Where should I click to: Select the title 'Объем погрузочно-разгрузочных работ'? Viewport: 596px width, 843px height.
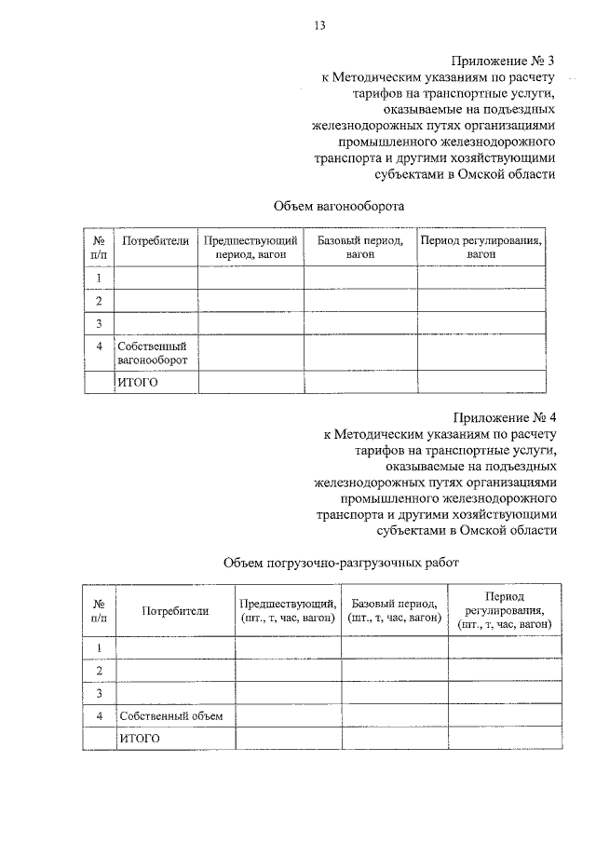click(x=341, y=563)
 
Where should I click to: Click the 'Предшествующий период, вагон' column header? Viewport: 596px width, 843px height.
click(x=251, y=247)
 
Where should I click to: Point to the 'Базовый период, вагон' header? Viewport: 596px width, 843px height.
click(x=359, y=247)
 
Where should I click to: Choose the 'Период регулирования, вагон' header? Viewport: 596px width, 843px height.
click(x=481, y=247)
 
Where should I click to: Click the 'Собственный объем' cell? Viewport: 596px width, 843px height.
click(x=173, y=716)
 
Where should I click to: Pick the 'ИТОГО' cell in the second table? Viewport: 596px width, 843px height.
click(x=139, y=739)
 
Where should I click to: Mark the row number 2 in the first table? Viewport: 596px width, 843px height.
click(x=99, y=301)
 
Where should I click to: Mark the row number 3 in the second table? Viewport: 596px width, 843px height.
click(x=98, y=693)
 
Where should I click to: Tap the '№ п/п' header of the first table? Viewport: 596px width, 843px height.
click(x=99, y=247)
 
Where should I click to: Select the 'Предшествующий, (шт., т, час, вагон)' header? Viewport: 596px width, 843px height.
click(x=287, y=610)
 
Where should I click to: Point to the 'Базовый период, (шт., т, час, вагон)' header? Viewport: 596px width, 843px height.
click(x=393, y=610)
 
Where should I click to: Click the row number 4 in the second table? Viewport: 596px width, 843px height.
click(x=98, y=716)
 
